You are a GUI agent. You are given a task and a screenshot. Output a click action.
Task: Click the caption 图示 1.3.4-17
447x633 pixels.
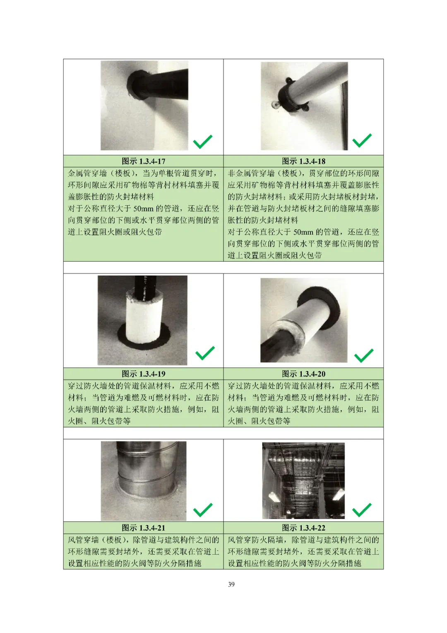(x=143, y=161)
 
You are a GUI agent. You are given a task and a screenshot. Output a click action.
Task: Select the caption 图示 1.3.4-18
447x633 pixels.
(x=303, y=161)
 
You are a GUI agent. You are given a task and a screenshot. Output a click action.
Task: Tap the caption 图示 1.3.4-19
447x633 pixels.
(x=143, y=374)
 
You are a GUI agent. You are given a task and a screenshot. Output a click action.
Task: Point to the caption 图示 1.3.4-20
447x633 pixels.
(x=303, y=374)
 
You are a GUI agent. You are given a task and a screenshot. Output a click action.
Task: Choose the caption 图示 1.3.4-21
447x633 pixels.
(x=143, y=528)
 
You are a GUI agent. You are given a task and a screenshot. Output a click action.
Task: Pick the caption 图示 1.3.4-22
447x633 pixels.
(x=303, y=528)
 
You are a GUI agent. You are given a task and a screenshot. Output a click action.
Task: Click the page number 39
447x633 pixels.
(x=231, y=584)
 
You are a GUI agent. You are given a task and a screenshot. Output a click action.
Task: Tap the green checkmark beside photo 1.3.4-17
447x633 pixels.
(x=203, y=142)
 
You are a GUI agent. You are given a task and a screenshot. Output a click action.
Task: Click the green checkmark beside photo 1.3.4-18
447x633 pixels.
(x=362, y=141)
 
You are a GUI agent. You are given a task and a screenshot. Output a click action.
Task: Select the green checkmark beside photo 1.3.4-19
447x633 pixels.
(x=205, y=353)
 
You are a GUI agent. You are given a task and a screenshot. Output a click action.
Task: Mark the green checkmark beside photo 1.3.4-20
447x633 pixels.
(x=364, y=356)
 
